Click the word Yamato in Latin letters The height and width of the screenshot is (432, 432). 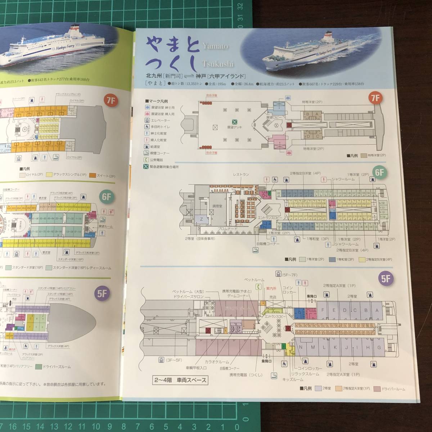click(x=216, y=46)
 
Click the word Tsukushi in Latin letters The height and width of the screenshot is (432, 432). click(x=218, y=64)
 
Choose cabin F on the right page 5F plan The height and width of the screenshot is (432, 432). click(x=323, y=310)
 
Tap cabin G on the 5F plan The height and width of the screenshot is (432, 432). click(x=378, y=347)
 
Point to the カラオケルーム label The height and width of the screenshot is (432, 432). click(x=216, y=363)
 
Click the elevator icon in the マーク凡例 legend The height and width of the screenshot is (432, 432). click(x=148, y=120)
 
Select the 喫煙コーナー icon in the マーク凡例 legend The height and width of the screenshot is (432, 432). click(x=148, y=153)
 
